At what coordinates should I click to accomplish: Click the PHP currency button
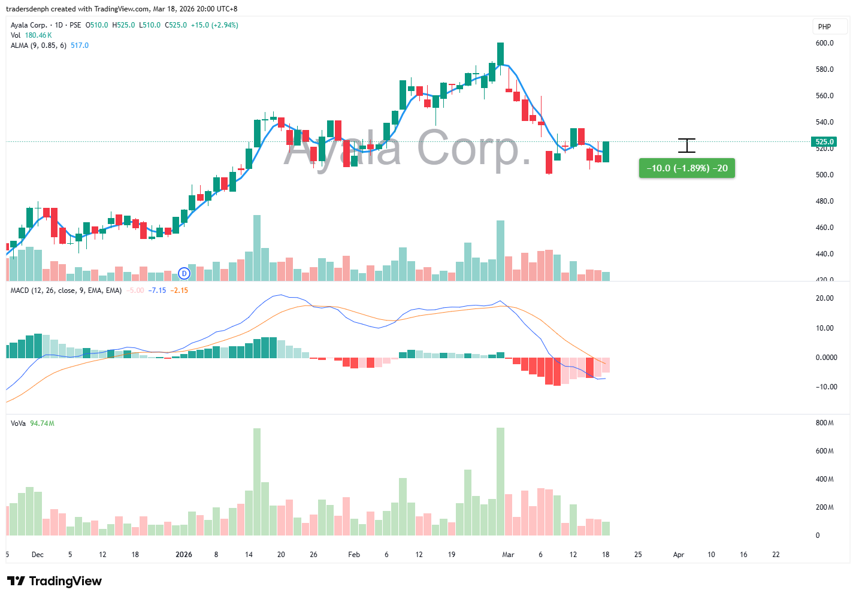[x=830, y=26]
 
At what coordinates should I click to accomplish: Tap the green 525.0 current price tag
[x=824, y=142]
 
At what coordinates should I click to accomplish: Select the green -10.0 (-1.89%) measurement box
[x=686, y=168]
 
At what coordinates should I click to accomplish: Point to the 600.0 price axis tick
[x=824, y=43]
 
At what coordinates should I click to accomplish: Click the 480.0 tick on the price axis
[x=824, y=201]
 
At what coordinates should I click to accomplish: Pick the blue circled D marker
[x=184, y=273]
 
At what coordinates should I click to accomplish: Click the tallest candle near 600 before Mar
[x=500, y=53]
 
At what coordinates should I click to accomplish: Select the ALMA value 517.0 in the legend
[x=80, y=46]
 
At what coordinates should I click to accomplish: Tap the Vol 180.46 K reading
[x=38, y=35]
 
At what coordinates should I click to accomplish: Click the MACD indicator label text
[x=66, y=291]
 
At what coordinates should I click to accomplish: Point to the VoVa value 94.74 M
[x=42, y=423]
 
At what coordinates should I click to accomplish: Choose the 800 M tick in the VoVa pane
[x=824, y=423]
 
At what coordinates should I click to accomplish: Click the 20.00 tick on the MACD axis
[x=824, y=298]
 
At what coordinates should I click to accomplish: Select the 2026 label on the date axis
[x=184, y=555]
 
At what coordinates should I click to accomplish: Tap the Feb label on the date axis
[x=354, y=555]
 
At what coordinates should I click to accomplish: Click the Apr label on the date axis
[x=679, y=555]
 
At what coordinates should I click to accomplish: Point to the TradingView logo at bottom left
[x=55, y=581]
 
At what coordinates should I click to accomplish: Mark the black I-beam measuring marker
[x=686, y=146]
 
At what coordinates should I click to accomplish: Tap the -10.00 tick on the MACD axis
[x=826, y=387]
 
